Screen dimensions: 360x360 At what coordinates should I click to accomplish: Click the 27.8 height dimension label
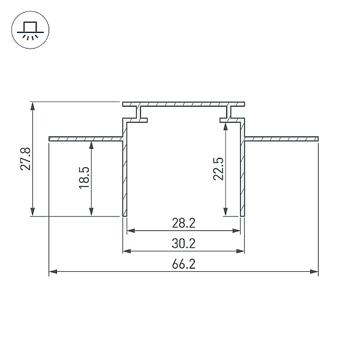(x=25, y=159)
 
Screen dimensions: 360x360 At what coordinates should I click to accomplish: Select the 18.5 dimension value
(x=84, y=178)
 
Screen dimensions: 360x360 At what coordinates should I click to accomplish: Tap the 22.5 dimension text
(x=218, y=169)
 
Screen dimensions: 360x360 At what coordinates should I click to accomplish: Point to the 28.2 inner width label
(x=184, y=223)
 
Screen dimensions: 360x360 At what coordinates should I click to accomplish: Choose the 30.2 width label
(x=184, y=244)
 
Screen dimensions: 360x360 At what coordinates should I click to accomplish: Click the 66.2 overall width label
(x=184, y=264)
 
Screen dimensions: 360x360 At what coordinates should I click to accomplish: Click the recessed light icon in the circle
(x=31, y=30)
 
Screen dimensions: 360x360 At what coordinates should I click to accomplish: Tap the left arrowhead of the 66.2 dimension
(x=53, y=272)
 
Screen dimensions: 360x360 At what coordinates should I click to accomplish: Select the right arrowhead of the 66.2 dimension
(x=314, y=272)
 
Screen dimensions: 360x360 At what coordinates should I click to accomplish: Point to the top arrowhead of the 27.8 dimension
(x=32, y=106)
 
